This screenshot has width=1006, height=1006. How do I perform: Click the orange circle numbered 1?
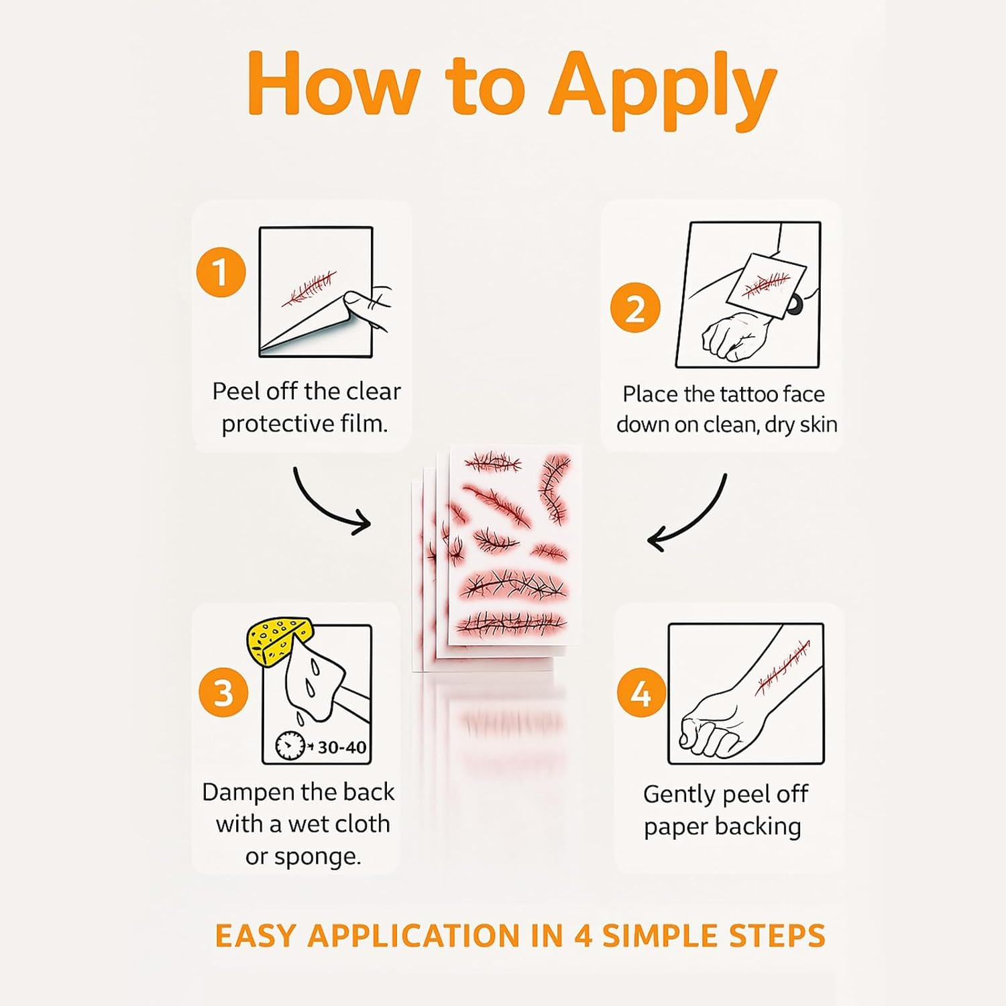pos(221,272)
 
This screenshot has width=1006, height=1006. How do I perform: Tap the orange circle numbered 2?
pos(635,308)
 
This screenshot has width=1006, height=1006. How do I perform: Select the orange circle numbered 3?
pos(223,691)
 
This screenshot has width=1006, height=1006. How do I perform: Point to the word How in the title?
pos(333,85)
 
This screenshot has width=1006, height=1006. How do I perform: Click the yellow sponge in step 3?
pos(276,640)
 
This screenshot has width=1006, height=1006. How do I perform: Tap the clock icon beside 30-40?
pos(290,746)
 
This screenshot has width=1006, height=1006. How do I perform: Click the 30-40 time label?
pos(341,747)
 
